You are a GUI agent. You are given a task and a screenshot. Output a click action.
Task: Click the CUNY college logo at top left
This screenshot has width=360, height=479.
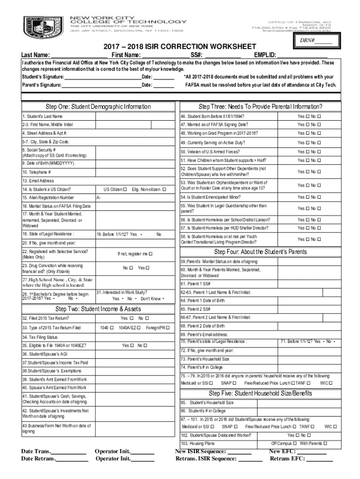(43, 28)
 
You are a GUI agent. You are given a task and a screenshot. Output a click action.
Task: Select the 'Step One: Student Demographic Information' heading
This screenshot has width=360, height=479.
(98, 107)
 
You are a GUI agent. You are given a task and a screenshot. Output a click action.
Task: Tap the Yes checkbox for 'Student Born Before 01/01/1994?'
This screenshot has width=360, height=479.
(308, 116)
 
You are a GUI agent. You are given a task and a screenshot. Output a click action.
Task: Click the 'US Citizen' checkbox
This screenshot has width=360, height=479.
(125, 189)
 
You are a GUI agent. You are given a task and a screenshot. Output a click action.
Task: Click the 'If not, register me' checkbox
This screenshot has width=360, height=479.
(151, 254)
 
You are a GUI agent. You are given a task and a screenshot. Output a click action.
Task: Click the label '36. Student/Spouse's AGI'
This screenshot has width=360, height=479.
(45, 354)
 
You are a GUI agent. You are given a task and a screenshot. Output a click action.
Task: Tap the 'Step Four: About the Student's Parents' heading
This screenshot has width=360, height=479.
(260, 252)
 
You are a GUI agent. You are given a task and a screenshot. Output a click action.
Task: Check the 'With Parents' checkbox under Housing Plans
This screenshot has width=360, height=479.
(325, 443)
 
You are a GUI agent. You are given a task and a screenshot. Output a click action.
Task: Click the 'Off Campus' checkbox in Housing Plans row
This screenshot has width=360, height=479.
(295, 443)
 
